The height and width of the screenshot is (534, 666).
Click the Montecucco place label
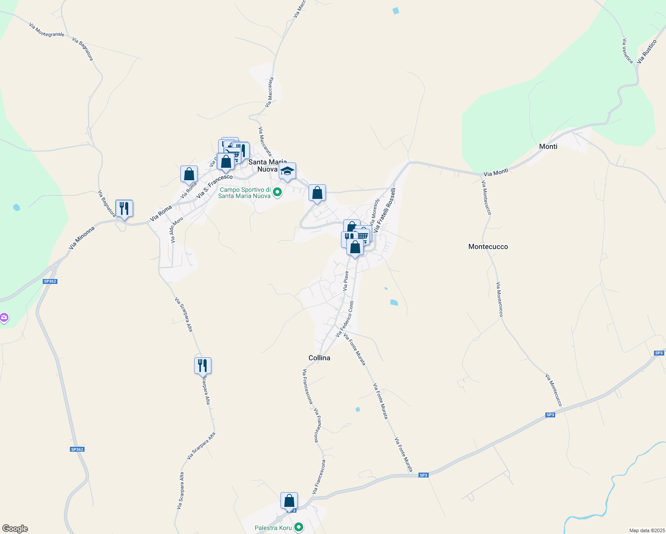click(488, 247)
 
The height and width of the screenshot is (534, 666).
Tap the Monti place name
click(548, 146)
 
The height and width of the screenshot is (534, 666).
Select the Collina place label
click(319, 358)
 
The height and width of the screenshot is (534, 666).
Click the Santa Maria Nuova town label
click(267, 166)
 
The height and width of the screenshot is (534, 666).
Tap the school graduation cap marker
click(287, 171)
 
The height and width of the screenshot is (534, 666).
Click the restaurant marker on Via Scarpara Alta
click(203, 366)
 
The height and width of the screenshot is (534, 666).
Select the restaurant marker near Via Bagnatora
click(124, 208)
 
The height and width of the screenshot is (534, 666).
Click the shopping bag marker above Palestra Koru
click(289, 501)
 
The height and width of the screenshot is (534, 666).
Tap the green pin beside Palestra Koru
click(299, 528)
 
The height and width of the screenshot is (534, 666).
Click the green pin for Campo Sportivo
click(277, 193)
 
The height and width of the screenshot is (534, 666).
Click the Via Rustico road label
click(647, 52)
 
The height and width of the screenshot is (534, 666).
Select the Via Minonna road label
click(82, 238)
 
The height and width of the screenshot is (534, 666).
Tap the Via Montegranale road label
click(46, 30)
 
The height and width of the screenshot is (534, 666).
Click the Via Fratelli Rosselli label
click(384, 210)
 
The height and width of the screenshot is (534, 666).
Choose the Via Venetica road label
click(627, 51)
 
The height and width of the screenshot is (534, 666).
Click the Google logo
click(15, 529)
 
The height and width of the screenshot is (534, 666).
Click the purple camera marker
click(4, 318)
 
